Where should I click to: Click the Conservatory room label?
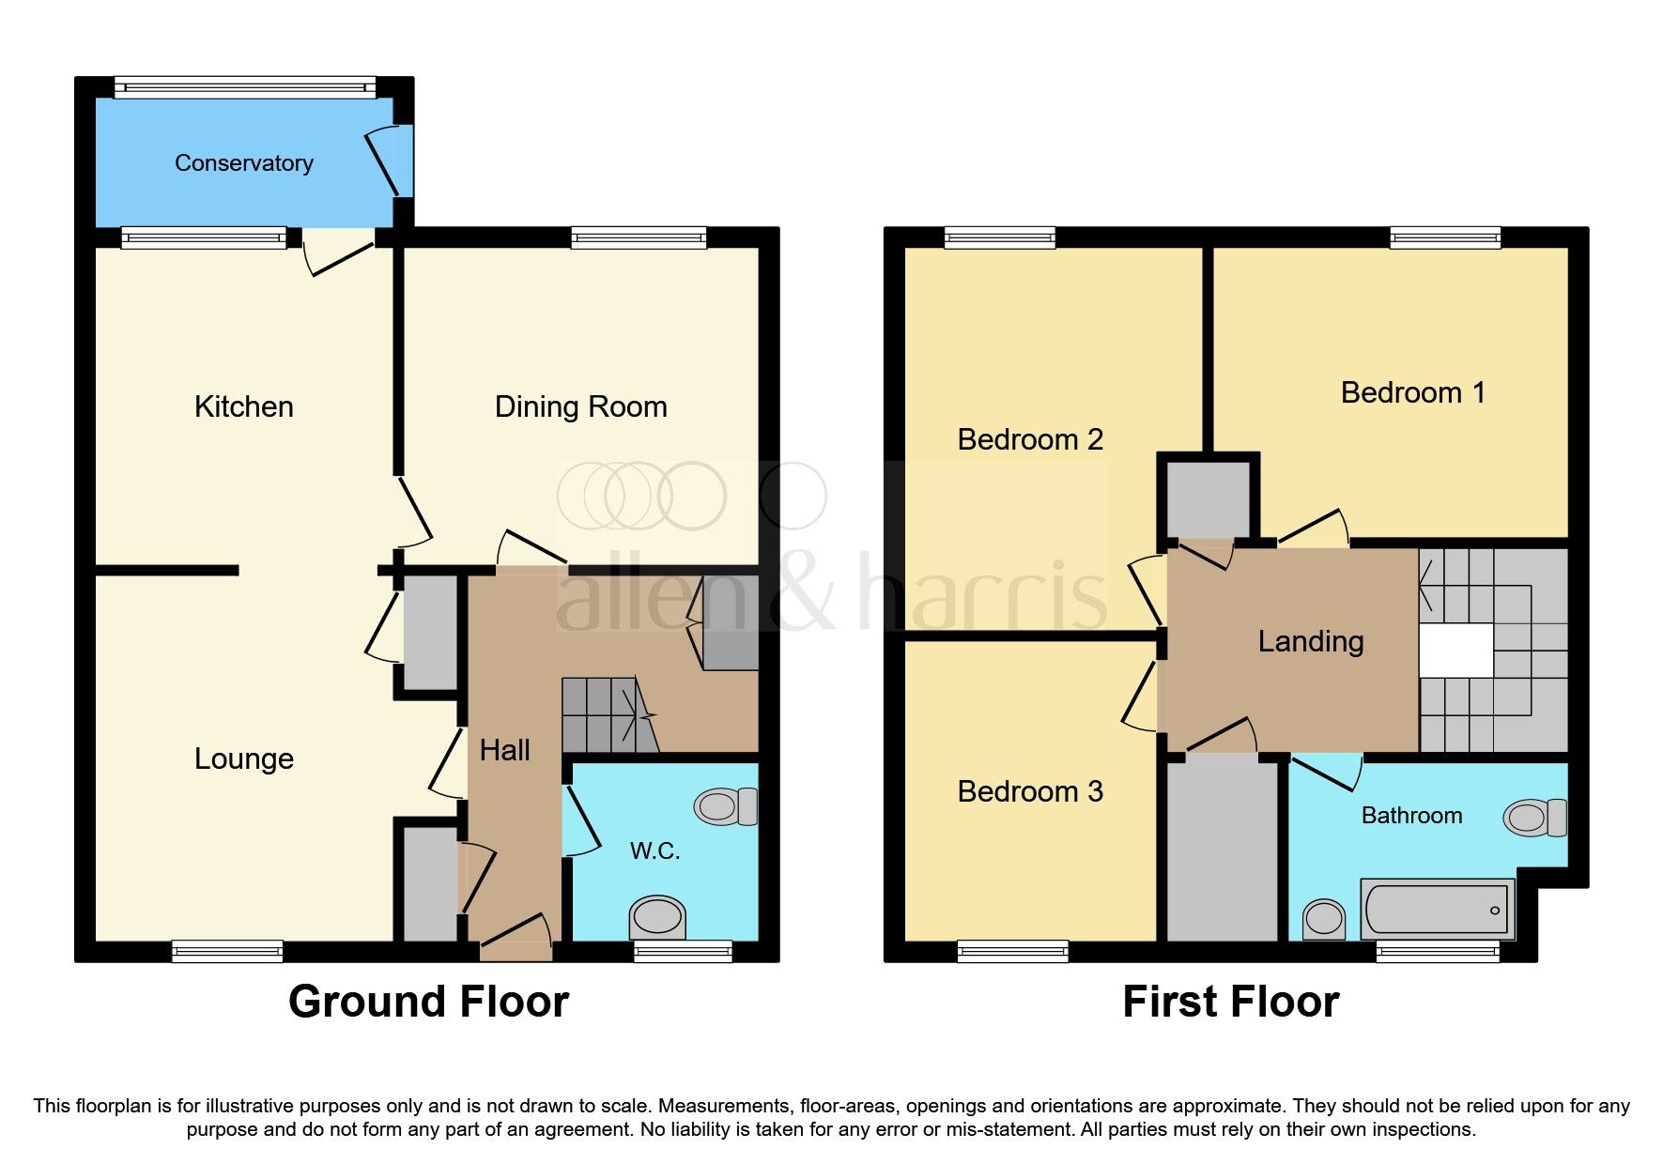(x=244, y=163)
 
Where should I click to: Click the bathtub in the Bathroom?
(x=1437, y=909)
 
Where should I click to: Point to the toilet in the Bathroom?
(x=1534, y=818)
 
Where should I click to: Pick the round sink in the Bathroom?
(x=1324, y=917)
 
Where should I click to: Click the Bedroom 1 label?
(x=1412, y=392)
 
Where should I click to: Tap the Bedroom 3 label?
(x=1029, y=791)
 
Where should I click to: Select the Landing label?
(x=1310, y=641)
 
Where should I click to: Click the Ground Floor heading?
(x=428, y=1002)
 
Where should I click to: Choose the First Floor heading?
(x=1230, y=1002)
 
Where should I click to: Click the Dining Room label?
(x=580, y=406)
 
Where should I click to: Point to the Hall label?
(x=504, y=750)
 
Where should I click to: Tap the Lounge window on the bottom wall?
(x=227, y=951)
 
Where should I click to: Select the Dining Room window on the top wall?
(x=639, y=237)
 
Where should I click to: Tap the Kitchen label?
(x=243, y=406)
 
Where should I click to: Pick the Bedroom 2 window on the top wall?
(x=1000, y=237)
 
